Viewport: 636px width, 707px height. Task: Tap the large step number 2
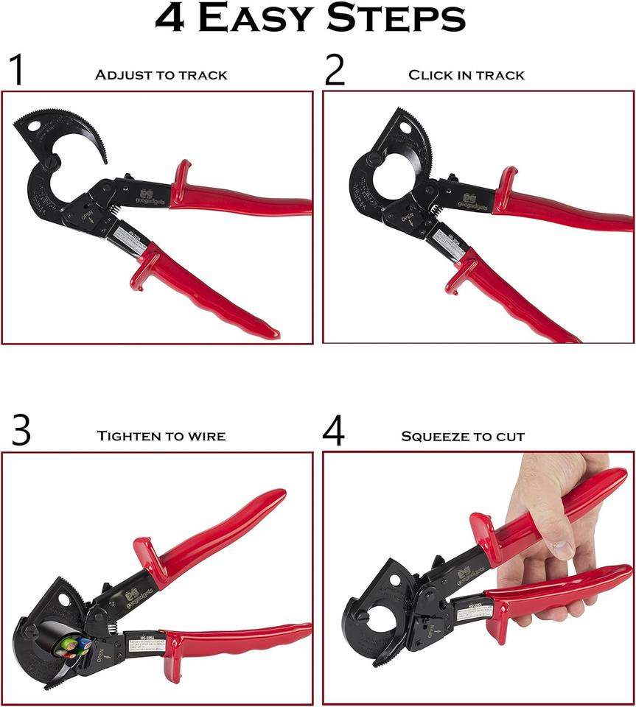[335, 71]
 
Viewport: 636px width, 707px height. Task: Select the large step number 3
[21, 432]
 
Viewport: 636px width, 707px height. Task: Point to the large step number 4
[335, 432]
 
